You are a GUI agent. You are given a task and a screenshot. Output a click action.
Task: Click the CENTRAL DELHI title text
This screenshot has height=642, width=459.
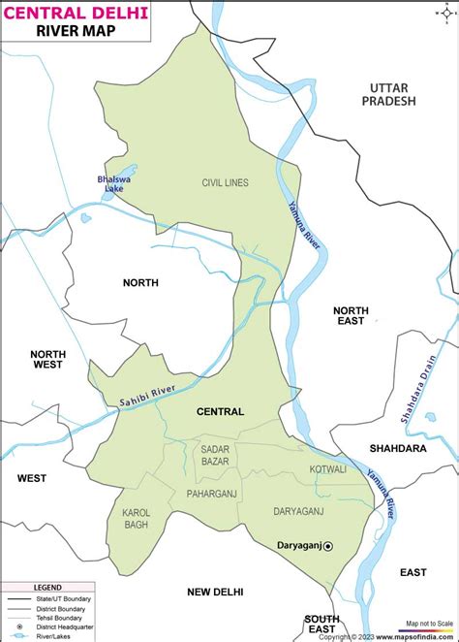[x=76, y=12]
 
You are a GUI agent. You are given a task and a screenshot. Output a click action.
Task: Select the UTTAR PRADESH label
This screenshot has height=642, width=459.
[x=387, y=94]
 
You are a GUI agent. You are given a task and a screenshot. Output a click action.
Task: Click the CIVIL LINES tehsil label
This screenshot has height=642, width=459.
[x=226, y=182]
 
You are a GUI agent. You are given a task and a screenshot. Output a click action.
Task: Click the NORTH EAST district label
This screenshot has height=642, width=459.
[x=351, y=315]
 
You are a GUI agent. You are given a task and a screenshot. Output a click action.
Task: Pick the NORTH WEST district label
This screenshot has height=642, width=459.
[x=46, y=359]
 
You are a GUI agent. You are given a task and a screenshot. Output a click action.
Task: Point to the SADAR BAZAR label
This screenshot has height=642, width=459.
[x=215, y=455]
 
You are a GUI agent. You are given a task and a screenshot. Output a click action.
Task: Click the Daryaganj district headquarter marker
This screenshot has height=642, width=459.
[x=327, y=547]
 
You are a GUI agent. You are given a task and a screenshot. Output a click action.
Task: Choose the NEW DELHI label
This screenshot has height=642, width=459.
[x=215, y=592]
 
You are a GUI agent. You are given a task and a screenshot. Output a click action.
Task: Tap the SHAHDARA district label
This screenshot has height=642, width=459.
[x=398, y=448]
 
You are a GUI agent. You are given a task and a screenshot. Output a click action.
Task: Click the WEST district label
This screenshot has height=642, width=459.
[x=31, y=478]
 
